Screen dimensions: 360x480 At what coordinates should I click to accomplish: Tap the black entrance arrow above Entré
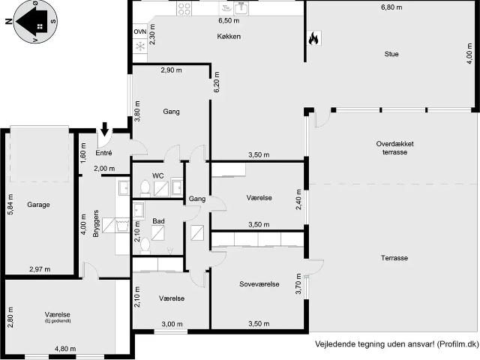(x=105, y=130)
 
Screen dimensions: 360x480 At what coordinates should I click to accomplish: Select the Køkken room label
(x=229, y=36)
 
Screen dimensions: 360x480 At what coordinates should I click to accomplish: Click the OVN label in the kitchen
(x=140, y=32)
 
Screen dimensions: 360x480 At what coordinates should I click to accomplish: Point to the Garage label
(x=38, y=204)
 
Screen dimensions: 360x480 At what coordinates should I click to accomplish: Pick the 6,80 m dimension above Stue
(x=391, y=7)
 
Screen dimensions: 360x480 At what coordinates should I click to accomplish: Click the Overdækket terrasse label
(x=394, y=148)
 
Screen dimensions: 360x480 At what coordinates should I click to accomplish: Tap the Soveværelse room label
(x=259, y=284)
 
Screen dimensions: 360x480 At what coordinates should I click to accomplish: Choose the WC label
(x=158, y=175)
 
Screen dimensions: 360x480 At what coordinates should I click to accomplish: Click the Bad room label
(x=158, y=221)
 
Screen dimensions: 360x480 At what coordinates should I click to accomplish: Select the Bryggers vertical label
(x=96, y=224)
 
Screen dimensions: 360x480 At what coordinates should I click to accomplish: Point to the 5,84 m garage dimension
(x=10, y=204)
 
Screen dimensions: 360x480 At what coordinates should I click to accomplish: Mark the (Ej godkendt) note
(x=57, y=321)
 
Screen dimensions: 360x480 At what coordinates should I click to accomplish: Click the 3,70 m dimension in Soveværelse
(x=298, y=286)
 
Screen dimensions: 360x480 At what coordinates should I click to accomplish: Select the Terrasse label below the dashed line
(x=394, y=258)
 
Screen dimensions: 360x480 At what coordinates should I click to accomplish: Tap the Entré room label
(x=103, y=153)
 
